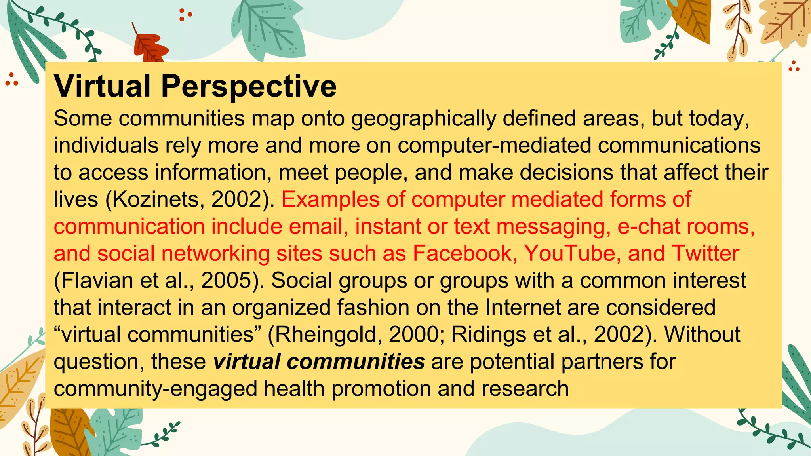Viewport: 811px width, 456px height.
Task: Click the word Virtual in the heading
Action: (102, 86)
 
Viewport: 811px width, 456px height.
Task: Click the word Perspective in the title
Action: (249, 87)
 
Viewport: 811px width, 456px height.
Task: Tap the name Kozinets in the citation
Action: (158, 199)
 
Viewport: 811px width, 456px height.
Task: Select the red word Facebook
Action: (462, 253)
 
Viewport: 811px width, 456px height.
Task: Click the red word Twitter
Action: (705, 253)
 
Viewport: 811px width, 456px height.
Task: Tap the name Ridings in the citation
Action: (489, 335)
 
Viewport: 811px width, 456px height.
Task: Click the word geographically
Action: (424, 119)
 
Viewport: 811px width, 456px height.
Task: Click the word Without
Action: (702, 335)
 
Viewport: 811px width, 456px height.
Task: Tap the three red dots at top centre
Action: (185, 15)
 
